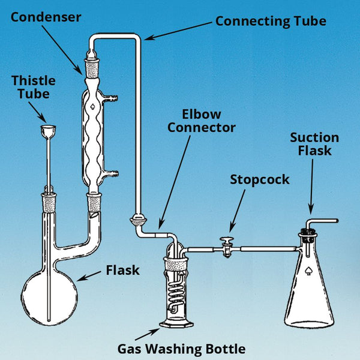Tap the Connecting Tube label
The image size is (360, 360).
pyautogui.click(x=271, y=22)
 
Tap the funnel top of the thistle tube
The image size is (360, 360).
pyautogui.click(x=47, y=130)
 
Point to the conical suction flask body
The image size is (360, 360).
pyautogui.click(x=308, y=288)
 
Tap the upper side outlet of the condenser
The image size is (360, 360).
pyautogui.click(x=112, y=97)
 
